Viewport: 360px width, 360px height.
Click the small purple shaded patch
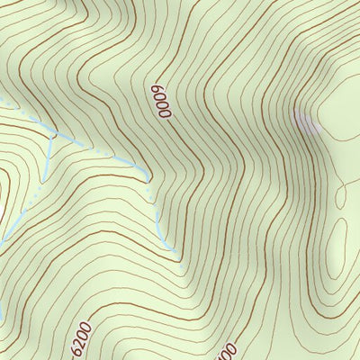pyautogui.click(x=306, y=121)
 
